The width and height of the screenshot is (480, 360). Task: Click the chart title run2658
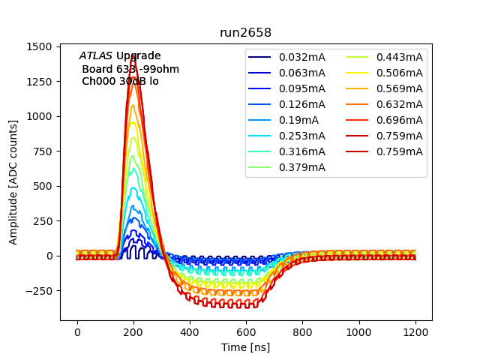(x=245, y=33)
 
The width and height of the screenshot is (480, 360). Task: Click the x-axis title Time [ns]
(x=245, y=347)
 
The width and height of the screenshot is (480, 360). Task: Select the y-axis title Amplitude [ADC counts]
(x=13, y=181)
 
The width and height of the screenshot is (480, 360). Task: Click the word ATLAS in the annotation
(x=95, y=56)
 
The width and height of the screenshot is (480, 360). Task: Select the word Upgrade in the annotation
(x=138, y=56)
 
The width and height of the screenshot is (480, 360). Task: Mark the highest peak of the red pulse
(x=133, y=55)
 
